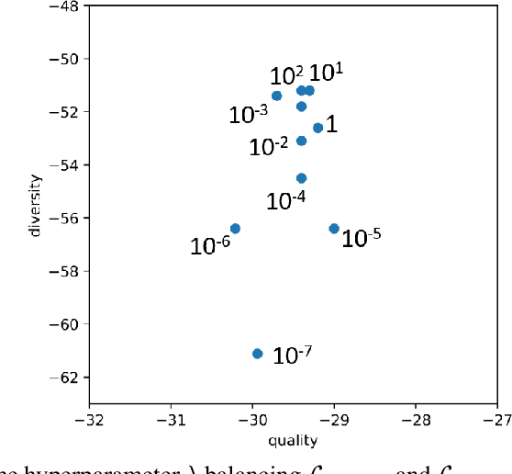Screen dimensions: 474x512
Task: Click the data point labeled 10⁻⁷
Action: click(x=257, y=354)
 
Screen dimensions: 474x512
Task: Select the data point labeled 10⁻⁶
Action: click(x=235, y=228)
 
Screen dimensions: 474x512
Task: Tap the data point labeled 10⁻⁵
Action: click(x=334, y=228)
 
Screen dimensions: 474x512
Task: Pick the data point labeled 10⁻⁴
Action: click(x=301, y=178)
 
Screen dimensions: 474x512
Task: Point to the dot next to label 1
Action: click(x=317, y=128)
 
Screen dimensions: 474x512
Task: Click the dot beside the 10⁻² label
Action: click(x=301, y=141)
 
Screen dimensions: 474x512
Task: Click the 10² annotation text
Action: click(x=286, y=75)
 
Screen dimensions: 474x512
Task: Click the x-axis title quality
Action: click(x=293, y=441)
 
